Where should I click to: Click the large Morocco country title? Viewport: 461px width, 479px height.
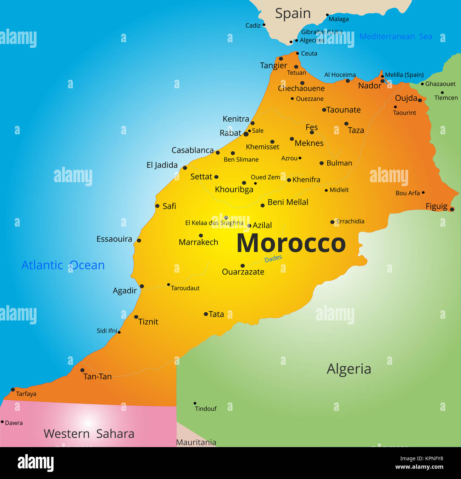291,244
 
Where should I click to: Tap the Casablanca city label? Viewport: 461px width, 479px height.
192,150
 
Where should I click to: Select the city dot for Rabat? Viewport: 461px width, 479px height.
246,134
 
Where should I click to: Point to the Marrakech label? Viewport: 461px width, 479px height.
198,242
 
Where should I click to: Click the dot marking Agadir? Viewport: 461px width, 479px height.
142,286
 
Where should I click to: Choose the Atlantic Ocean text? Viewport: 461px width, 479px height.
63,265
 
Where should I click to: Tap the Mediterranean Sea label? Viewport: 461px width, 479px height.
396,37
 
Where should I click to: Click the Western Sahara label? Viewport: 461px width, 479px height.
89,434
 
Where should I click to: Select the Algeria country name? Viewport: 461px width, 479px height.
349,369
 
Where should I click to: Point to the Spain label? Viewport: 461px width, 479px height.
293,13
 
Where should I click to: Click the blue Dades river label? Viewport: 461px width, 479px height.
273,258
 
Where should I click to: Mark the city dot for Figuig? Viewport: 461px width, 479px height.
452,209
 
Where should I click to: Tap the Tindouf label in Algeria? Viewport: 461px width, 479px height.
206,409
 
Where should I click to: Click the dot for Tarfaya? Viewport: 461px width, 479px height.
13,390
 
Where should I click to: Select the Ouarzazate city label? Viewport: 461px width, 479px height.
243,272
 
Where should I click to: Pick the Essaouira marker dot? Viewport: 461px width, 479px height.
139,240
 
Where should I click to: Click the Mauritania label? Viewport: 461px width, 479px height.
196,442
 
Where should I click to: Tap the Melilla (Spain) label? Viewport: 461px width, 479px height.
404,75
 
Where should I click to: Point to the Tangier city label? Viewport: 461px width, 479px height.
273,66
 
